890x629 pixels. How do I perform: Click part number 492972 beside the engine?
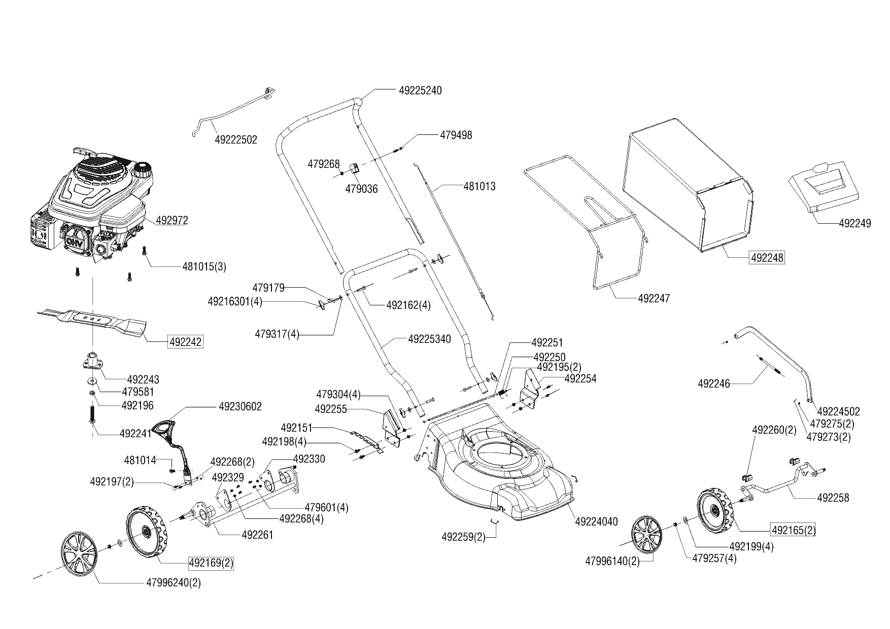172,220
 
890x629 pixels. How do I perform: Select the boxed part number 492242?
185,342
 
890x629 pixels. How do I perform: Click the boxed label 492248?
767,258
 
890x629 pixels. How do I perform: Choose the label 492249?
855,223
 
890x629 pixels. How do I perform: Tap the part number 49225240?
420,90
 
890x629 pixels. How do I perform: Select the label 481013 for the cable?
480,186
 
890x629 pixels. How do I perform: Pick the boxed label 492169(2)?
211,563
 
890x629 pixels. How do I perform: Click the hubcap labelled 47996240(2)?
79,554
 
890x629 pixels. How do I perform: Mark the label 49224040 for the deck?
596,521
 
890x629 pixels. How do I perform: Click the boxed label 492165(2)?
793,531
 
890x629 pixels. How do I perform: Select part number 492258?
833,498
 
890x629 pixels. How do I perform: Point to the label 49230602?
241,406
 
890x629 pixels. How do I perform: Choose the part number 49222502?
236,139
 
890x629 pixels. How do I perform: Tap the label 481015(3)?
204,266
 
